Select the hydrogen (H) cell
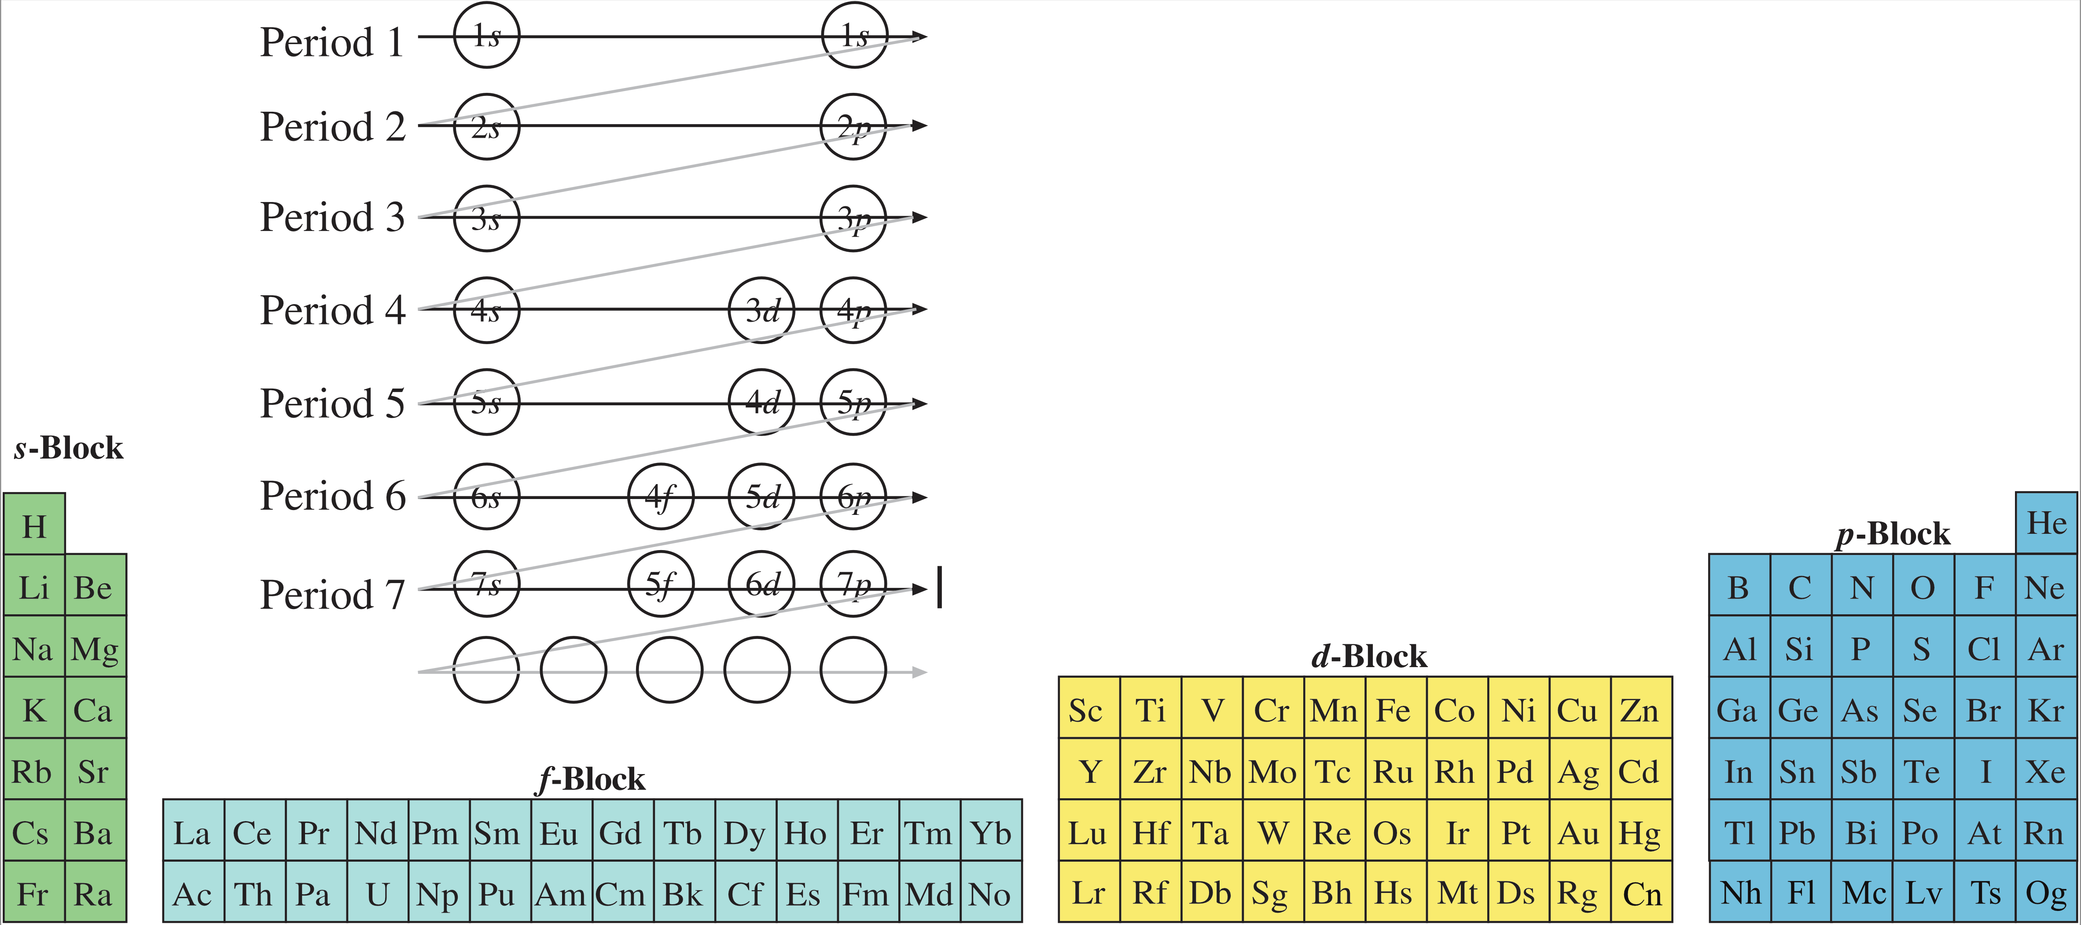pyautogui.click(x=34, y=527)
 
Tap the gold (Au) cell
pyautogui.click(x=1578, y=833)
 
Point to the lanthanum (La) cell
pyautogui.click(x=192, y=833)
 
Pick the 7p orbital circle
pyautogui.click(x=853, y=584)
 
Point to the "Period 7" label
pyautogui.click(x=332, y=595)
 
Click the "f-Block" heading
pyautogui.click(x=592, y=779)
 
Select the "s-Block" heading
pyautogui.click(x=69, y=448)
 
